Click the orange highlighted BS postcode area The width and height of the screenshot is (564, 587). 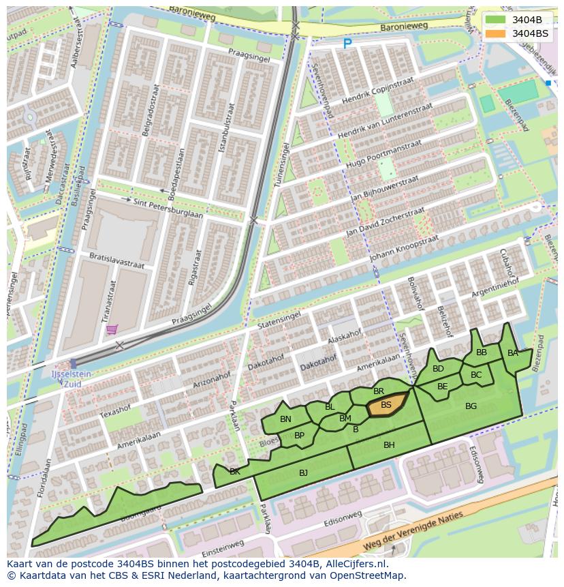click(388, 406)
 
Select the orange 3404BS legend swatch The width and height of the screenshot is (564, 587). click(497, 33)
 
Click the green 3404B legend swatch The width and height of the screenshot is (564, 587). click(497, 20)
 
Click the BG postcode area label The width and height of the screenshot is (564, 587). click(471, 406)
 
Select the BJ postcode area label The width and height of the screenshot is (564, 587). click(303, 472)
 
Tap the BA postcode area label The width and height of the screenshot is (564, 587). click(513, 353)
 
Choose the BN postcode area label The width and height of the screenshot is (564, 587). click(285, 419)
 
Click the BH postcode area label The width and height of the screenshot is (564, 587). click(389, 445)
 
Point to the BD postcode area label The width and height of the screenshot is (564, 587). click(438, 369)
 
